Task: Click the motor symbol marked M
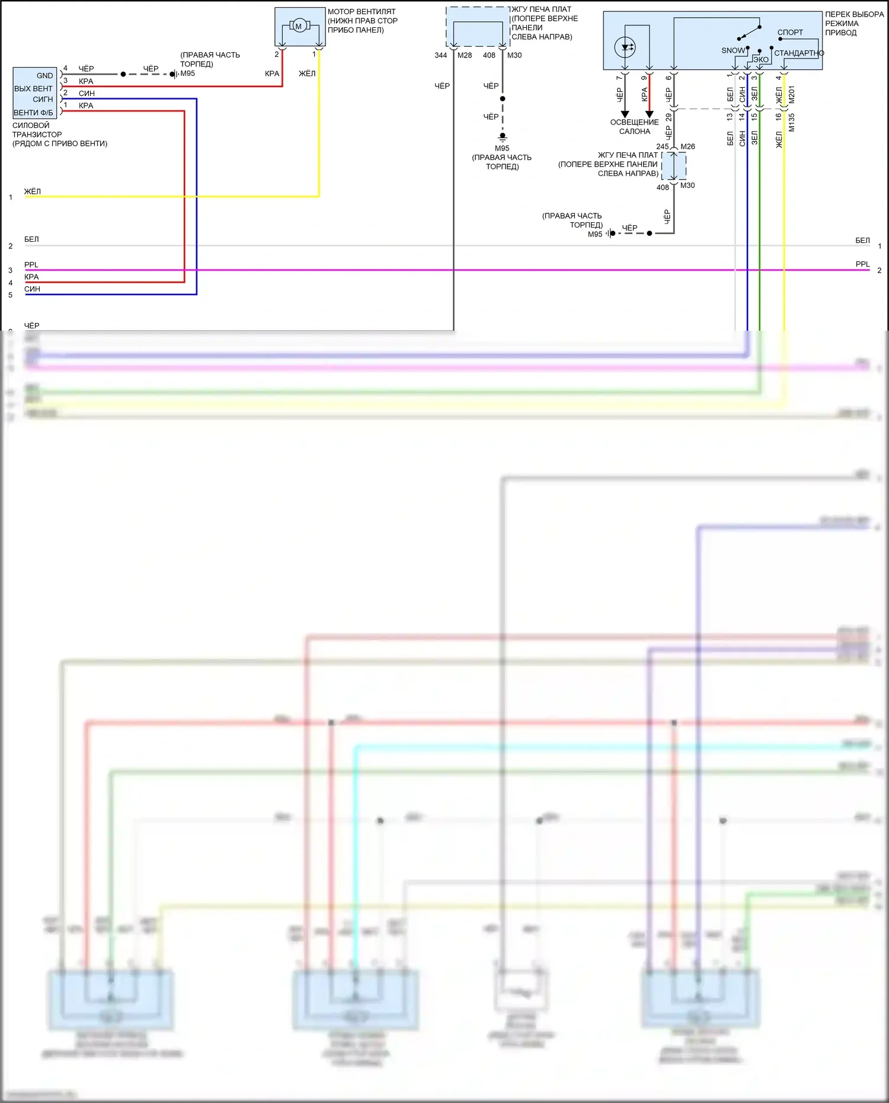click(x=299, y=25)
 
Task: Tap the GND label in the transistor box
click(x=44, y=76)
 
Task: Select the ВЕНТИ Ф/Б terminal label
click(x=33, y=113)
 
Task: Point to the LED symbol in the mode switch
click(x=625, y=47)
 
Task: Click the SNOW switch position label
click(x=733, y=51)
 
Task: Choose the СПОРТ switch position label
click(x=790, y=33)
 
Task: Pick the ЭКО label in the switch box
click(x=761, y=60)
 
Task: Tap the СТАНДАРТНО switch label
click(x=799, y=53)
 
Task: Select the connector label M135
click(x=792, y=122)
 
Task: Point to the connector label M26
click(x=687, y=146)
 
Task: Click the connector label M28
click(x=465, y=55)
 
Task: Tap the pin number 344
click(x=440, y=55)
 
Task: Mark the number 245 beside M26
click(x=662, y=146)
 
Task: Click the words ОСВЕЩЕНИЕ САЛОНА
click(x=634, y=127)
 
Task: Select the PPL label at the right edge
click(x=862, y=264)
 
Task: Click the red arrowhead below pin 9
click(x=650, y=114)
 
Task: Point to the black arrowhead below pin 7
click(x=625, y=114)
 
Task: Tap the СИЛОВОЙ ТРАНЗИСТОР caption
click(x=37, y=130)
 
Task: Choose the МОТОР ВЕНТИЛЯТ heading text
click(x=362, y=11)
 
